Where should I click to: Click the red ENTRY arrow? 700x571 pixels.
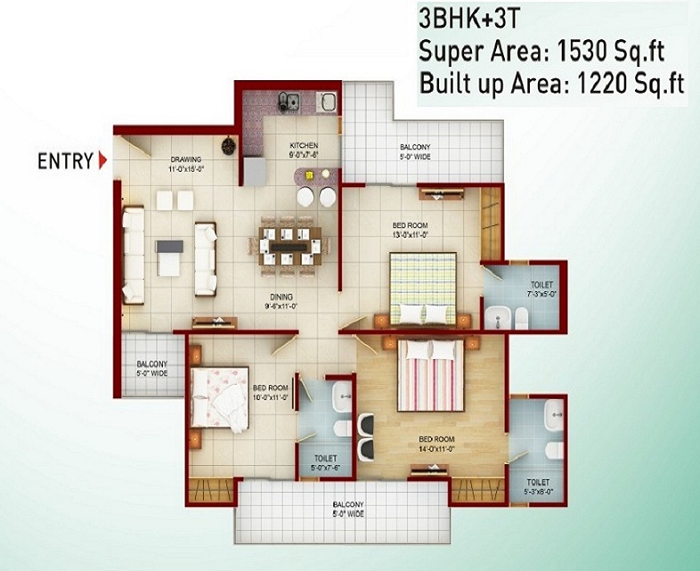pos(103,161)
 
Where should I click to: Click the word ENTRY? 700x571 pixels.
pos(65,161)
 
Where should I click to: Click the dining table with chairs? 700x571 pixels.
pos(283,241)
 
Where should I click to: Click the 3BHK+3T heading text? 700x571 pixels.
pos(469,18)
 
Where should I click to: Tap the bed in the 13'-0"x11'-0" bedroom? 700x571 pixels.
pos(425,287)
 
